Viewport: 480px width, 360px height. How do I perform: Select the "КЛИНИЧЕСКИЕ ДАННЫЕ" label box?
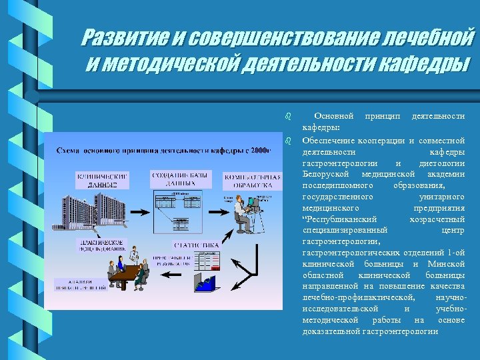pos(101,179)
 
